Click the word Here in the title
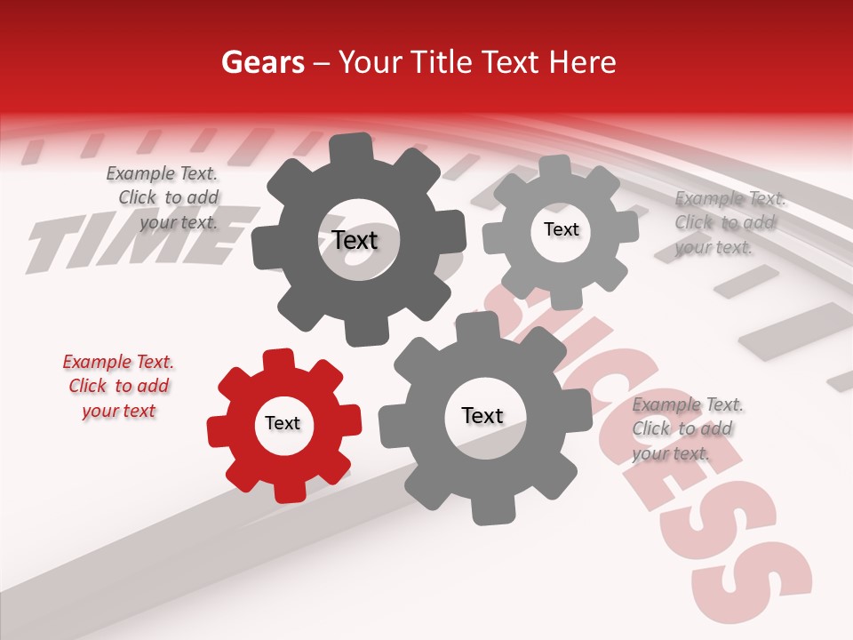pyautogui.click(x=582, y=62)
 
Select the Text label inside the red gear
pyautogui.click(x=283, y=424)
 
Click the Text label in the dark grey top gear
pyautogui.click(x=355, y=240)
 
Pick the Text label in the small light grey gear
pyautogui.click(x=561, y=229)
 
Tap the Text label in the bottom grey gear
pyautogui.click(x=482, y=416)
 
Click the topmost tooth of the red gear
pyautogui.click(x=279, y=358)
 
